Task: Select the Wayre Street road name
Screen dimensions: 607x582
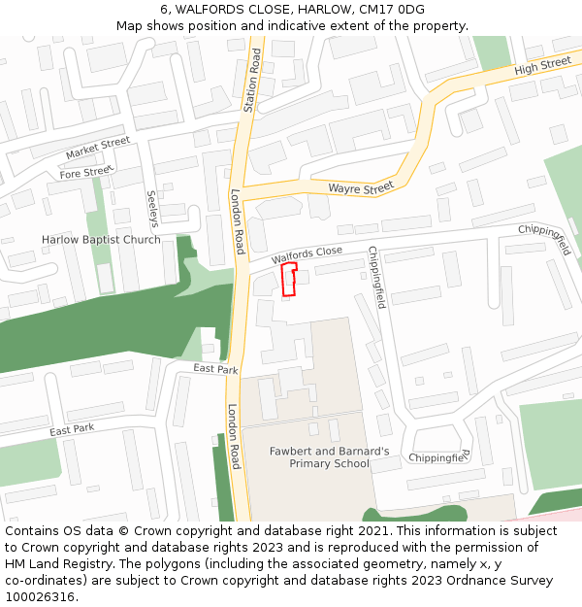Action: click(361, 186)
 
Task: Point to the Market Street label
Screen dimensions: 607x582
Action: click(97, 149)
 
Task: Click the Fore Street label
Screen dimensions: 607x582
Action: click(85, 173)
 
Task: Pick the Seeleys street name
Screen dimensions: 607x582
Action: click(152, 208)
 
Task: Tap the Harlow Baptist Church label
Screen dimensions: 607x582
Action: click(101, 240)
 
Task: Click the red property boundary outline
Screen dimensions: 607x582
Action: click(288, 280)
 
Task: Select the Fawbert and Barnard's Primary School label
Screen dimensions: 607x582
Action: click(330, 457)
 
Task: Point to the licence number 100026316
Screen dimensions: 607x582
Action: click(40, 597)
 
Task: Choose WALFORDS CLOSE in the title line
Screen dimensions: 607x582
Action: click(233, 10)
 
